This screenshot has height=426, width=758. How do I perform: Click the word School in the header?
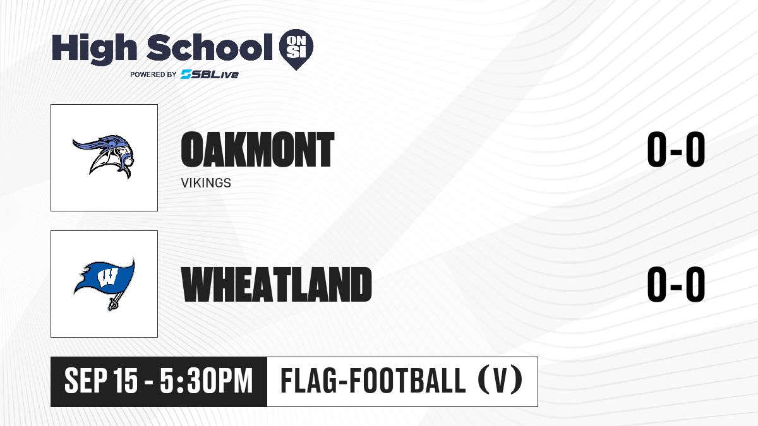(x=210, y=47)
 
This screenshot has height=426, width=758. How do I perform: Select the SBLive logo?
(x=210, y=74)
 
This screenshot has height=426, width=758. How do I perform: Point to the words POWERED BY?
(x=153, y=74)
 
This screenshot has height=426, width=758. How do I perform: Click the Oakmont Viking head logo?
(x=104, y=157)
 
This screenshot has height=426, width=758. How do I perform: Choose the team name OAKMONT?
(x=258, y=150)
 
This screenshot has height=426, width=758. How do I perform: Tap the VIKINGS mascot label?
(x=206, y=183)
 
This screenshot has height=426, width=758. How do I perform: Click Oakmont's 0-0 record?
(x=676, y=150)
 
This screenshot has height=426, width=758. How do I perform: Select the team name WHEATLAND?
(x=277, y=284)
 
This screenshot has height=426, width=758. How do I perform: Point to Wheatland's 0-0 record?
(x=676, y=284)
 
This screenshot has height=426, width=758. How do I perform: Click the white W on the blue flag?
(x=107, y=278)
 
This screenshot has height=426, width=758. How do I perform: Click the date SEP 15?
(x=101, y=381)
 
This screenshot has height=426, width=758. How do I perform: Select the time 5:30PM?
(x=207, y=381)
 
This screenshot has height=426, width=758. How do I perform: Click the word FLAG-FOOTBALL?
(x=373, y=381)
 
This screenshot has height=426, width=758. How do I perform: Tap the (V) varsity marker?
(x=500, y=381)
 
